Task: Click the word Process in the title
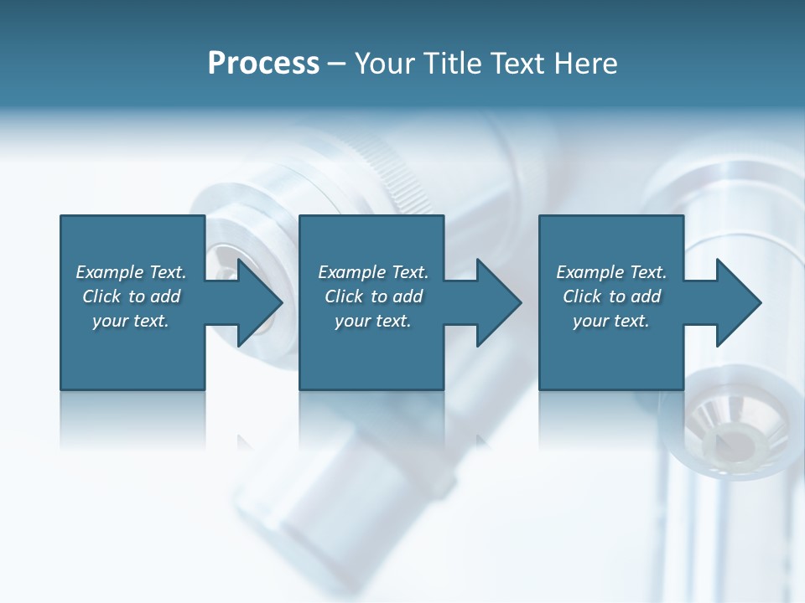[x=263, y=64]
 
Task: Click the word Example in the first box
[x=109, y=272]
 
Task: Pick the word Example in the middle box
[x=351, y=272]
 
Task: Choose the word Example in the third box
[x=589, y=272]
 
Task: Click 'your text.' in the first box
[x=131, y=321]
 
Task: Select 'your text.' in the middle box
[x=373, y=321]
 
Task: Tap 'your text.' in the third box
[x=611, y=321]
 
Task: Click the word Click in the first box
[x=101, y=296]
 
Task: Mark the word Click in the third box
[x=583, y=296]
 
